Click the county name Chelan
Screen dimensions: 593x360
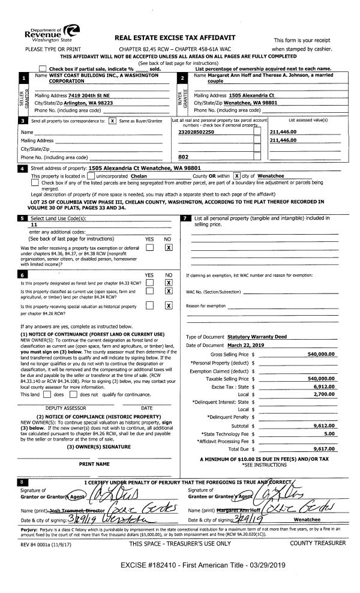click(x=139, y=176)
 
